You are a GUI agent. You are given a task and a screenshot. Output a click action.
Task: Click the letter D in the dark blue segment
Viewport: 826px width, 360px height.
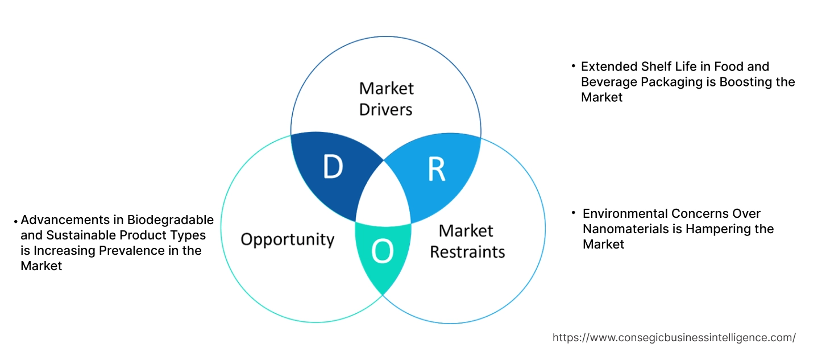point(333,167)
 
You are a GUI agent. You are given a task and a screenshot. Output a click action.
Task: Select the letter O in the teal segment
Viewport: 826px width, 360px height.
point(383,252)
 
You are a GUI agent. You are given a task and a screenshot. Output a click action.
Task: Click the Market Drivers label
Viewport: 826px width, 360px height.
point(386,98)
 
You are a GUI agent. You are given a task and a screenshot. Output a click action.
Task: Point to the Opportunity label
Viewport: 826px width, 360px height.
point(287,239)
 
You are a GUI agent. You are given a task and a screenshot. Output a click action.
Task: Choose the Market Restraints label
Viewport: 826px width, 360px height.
point(467,241)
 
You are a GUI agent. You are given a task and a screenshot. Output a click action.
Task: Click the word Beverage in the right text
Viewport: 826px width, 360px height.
point(609,82)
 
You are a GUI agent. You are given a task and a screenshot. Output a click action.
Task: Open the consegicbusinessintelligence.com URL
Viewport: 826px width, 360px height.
point(674,337)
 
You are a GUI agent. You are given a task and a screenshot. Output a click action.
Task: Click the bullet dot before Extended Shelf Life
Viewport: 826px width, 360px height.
point(574,67)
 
